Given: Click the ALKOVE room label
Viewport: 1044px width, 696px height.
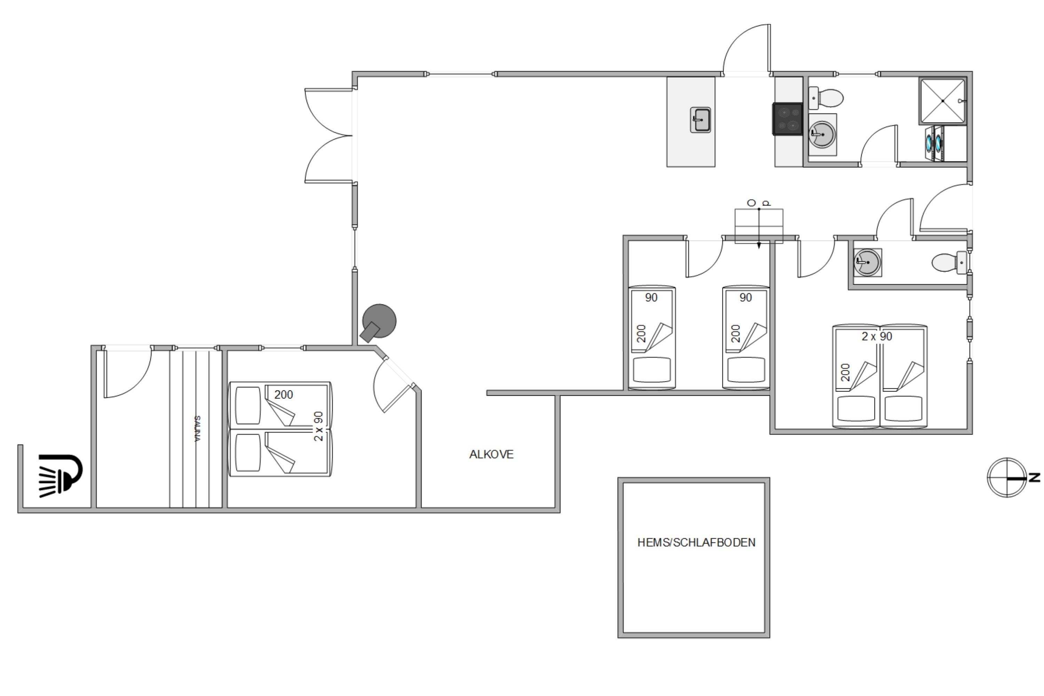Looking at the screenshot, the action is click(491, 454).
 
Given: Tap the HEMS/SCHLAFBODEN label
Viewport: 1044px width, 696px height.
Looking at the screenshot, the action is click(696, 543).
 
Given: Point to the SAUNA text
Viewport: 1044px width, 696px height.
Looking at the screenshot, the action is click(198, 429).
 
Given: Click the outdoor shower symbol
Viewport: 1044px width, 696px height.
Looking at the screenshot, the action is click(60, 475).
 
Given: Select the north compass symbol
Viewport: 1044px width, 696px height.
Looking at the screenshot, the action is click(1007, 477).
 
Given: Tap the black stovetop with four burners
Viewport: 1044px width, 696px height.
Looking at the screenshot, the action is click(788, 119).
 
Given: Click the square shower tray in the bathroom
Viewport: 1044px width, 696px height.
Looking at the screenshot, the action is click(942, 101).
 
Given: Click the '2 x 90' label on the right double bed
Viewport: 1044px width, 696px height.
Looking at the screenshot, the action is click(877, 337).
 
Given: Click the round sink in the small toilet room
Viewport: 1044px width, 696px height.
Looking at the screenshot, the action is click(867, 262).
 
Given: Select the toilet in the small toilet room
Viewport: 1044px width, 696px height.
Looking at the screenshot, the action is click(949, 262).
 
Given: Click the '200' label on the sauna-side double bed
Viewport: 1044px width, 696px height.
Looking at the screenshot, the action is click(284, 395).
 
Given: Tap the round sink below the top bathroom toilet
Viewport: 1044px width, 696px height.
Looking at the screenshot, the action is click(822, 134).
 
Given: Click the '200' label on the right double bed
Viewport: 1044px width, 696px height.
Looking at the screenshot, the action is click(845, 372).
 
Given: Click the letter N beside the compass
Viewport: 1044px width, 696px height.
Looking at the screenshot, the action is click(1035, 477).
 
